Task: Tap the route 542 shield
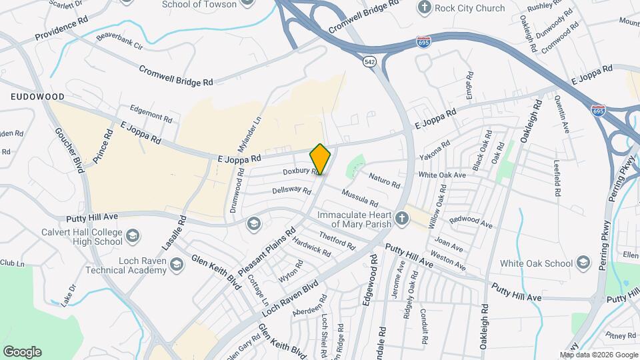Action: tap(369, 61)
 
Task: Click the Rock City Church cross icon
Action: tap(423, 7)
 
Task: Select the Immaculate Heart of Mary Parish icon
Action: tap(401, 219)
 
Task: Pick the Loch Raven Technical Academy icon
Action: tap(176, 265)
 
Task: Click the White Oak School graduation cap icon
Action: tap(584, 263)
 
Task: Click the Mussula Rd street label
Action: tap(360, 198)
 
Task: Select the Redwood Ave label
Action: tap(471, 223)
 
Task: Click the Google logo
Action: tap(22, 351)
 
